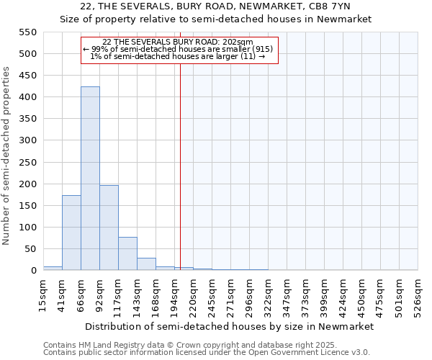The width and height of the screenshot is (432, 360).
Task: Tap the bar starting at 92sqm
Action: (109, 228)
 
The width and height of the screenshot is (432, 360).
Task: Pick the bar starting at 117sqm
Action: (127, 253)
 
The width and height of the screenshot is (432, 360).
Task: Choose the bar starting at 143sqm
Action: (146, 264)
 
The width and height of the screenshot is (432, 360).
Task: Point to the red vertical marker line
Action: (180, 158)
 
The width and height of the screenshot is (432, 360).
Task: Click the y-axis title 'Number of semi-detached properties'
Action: (7, 156)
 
